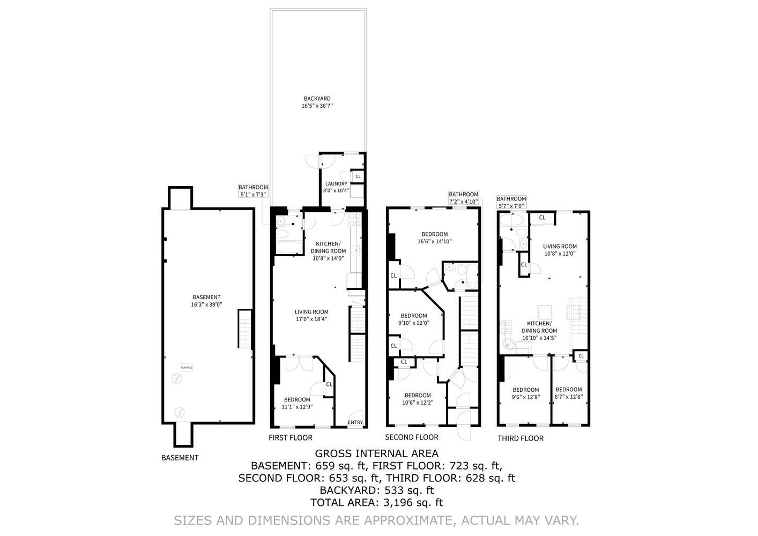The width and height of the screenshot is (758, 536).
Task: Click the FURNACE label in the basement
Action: (x=187, y=367)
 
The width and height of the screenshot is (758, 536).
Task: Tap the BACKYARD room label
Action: (x=317, y=102)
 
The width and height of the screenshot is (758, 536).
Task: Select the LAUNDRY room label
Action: (x=336, y=187)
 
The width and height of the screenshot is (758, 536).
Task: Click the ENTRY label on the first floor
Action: (x=355, y=422)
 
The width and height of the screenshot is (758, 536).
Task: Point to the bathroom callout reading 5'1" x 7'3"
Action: (x=253, y=191)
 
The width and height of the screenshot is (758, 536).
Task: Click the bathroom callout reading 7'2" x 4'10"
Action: (x=463, y=198)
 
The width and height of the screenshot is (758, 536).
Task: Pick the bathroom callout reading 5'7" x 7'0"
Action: (x=511, y=202)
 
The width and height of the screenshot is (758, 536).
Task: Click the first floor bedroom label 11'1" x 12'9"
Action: (x=297, y=403)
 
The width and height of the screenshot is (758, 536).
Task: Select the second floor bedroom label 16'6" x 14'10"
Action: (x=434, y=237)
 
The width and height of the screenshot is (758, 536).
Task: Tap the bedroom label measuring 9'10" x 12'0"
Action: (x=413, y=319)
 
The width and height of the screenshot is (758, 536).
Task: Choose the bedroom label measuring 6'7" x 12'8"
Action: (x=568, y=393)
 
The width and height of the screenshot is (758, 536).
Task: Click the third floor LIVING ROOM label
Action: (x=560, y=250)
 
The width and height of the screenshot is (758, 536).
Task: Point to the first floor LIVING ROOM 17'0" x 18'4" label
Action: (x=311, y=315)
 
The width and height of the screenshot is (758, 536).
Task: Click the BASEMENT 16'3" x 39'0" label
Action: (x=206, y=301)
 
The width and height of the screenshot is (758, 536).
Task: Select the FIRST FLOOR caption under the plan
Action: (x=290, y=438)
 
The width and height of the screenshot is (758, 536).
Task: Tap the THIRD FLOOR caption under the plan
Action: (x=520, y=438)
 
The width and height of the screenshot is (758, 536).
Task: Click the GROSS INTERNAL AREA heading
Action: (x=376, y=454)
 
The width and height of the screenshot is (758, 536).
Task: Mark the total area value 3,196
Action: (x=398, y=503)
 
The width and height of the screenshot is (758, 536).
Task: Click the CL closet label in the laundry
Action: (x=358, y=176)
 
